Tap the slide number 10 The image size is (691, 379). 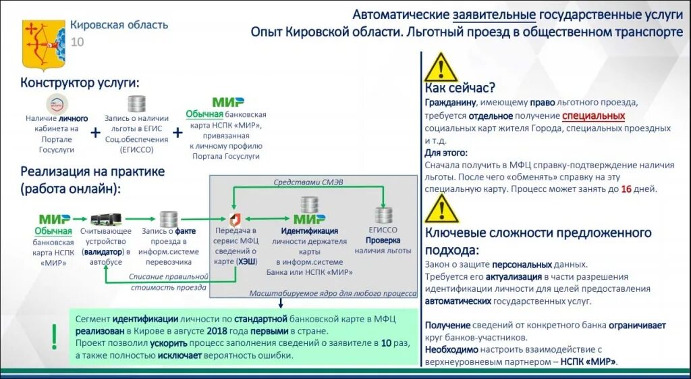click(x=78, y=42)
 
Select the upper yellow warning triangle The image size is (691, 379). click(x=441, y=68)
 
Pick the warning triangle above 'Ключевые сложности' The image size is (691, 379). click(x=441, y=209)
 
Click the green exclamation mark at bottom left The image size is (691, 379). click(x=54, y=336)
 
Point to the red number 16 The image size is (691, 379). click(x=626, y=189)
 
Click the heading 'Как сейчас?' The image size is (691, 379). click(x=460, y=88)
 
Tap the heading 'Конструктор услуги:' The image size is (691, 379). click(x=80, y=82)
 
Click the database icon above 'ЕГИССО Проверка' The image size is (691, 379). click(x=384, y=215)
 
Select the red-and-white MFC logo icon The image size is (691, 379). click(x=235, y=219)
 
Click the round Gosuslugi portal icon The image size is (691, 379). click(x=57, y=105)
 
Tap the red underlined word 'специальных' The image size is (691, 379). click(x=593, y=116)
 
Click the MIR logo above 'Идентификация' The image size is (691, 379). click(x=309, y=219)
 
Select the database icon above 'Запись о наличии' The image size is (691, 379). click(x=137, y=104)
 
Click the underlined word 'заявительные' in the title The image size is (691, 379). click(x=494, y=15)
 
